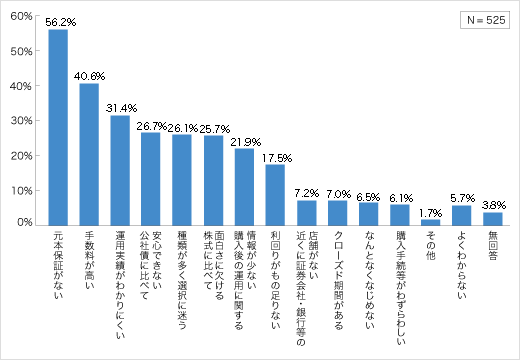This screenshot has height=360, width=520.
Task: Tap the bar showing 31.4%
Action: click(x=120, y=171)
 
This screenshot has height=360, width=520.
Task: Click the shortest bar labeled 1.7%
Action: click(x=430, y=222)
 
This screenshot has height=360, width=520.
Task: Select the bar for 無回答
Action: click(x=492, y=218)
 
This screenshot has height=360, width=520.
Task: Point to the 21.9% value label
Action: click(x=245, y=141)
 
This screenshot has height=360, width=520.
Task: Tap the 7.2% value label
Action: click(x=306, y=192)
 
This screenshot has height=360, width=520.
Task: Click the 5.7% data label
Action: click(x=461, y=197)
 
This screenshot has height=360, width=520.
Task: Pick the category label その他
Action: click(x=430, y=245)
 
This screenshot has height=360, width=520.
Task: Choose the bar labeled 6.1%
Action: click(x=399, y=214)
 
